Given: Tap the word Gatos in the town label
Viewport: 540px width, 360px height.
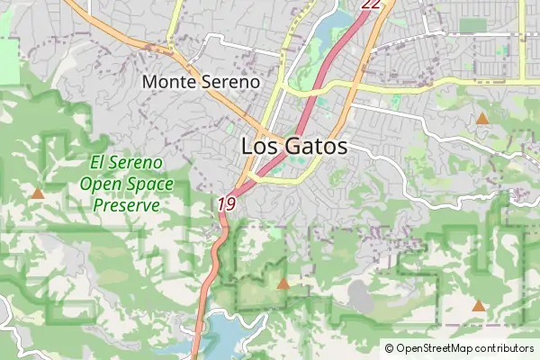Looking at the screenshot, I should (x=313, y=147).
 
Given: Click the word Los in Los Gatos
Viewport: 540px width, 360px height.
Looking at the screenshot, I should (x=258, y=147).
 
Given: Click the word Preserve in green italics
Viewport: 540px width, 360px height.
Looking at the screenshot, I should (x=126, y=204).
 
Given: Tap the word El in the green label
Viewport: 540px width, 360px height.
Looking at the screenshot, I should (x=99, y=163).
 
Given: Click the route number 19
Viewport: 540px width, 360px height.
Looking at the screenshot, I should (x=226, y=204).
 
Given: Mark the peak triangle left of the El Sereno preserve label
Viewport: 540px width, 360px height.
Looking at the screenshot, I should (x=38, y=193).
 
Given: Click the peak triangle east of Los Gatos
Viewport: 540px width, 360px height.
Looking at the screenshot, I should (x=482, y=118).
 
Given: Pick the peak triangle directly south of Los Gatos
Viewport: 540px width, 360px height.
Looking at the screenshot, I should (x=283, y=283).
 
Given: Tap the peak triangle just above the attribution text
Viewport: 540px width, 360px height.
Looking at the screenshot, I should (x=479, y=307).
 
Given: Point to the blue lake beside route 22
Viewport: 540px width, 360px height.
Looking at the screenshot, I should (x=324, y=31).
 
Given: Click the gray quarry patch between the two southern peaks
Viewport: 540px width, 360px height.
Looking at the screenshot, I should (x=360, y=294).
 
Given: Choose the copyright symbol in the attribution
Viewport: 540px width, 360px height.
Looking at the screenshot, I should (x=389, y=348).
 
